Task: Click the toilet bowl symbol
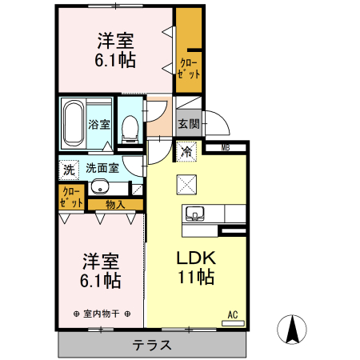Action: (x=129, y=127)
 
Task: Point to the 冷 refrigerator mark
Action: (x=186, y=150)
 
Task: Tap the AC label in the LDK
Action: (x=234, y=314)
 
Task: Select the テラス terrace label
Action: (x=152, y=346)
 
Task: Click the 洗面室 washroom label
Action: (x=103, y=169)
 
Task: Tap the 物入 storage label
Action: (x=115, y=205)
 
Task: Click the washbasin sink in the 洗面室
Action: (x=99, y=188)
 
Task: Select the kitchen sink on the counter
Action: (x=195, y=214)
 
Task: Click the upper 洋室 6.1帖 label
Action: (x=115, y=50)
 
